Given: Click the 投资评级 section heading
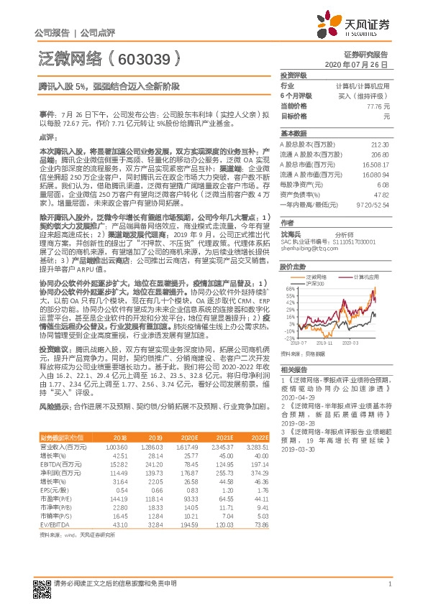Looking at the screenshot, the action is pyautogui.click(x=294, y=75).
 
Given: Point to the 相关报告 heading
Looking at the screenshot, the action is pyautogui.click(x=293, y=366).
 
